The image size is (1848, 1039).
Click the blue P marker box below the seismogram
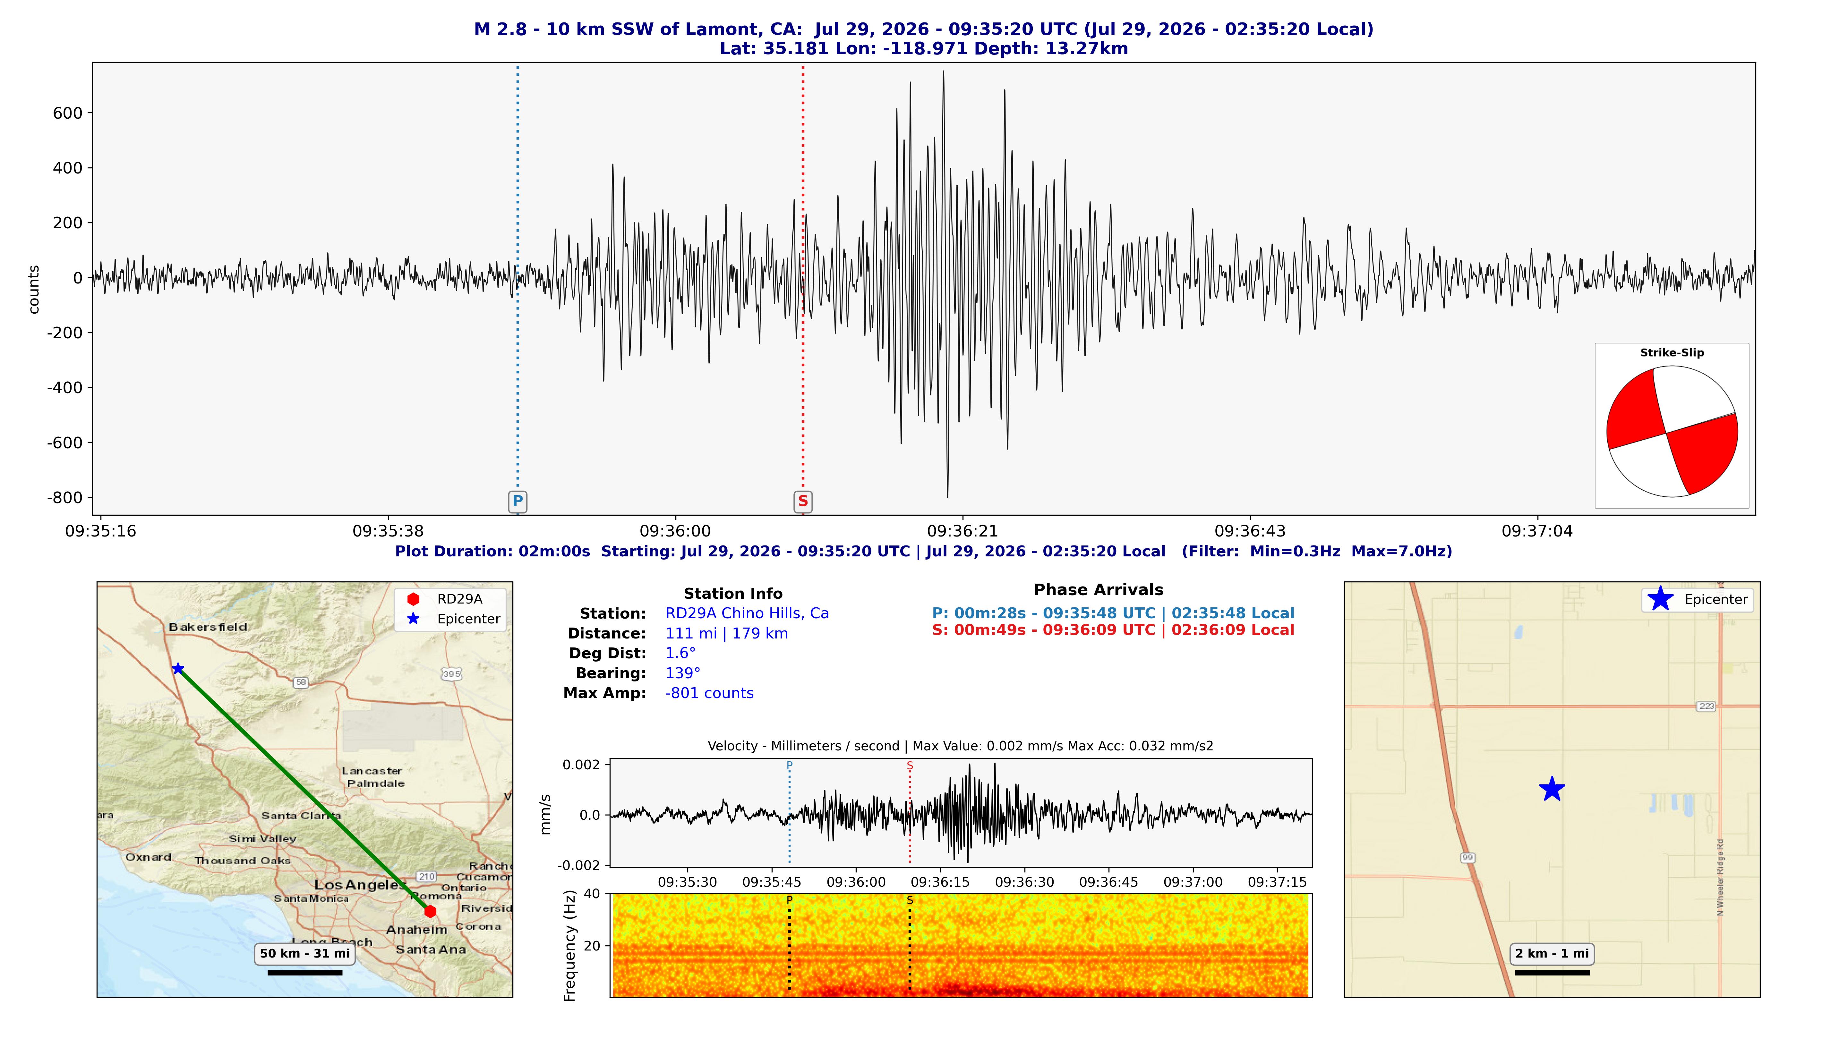coord(517,501)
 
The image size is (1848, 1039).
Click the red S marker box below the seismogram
coord(803,501)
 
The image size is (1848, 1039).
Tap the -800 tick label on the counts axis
coord(64,498)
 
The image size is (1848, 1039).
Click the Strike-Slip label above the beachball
coord(1672,353)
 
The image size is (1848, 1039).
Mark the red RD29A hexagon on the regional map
coord(430,911)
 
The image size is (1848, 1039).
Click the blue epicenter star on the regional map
coord(178,669)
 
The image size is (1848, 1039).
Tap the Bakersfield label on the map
coord(208,627)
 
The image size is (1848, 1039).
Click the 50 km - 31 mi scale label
coord(305,954)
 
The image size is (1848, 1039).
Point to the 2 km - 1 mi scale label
coord(1552,954)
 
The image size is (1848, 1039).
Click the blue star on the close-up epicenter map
coord(1552,789)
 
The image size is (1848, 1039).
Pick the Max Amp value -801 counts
coord(709,693)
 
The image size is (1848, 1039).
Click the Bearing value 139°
coord(683,673)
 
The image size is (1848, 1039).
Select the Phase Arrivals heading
coord(1098,590)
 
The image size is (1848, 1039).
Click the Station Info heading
coord(733,594)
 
